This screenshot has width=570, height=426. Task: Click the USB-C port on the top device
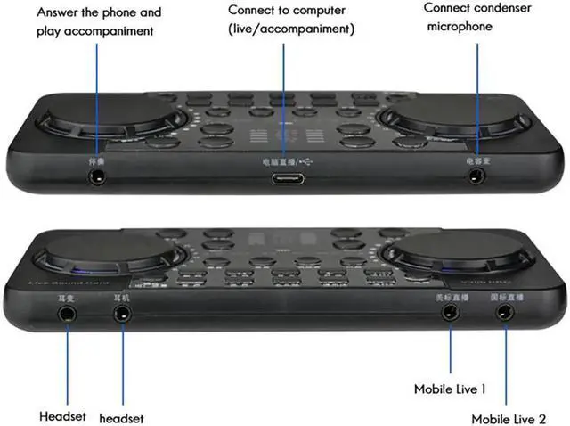tap(285, 178)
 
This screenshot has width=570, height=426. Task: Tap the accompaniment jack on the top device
tap(97, 176)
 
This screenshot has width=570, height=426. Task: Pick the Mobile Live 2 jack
tap(506, 313)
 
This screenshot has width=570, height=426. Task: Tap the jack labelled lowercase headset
tap(122, 314)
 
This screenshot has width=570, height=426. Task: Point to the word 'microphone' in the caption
tap(460, 26)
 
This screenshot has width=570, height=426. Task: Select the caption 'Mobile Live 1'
tap(450, 389)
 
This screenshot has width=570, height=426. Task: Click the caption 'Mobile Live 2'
tap(509, 418)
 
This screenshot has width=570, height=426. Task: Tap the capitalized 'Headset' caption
tap(62, 416)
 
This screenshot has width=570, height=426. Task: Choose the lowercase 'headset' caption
tap(122, 418)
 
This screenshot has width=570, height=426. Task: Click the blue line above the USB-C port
tap(284, 98)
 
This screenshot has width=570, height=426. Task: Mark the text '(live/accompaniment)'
tap(291, 29)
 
